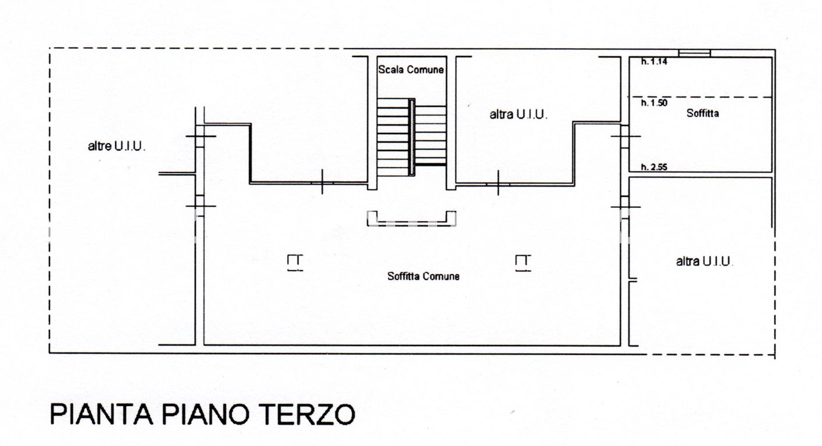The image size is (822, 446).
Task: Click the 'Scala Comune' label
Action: pyautogui.click(x=411, y=70)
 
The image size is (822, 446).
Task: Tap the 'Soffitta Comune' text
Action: pyautogui.click(x=423, y=276)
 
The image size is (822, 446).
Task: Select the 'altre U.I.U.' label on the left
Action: pyautogui.click(x=116, y=146)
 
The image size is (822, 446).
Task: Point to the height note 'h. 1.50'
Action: pyautogui.click(x=654, y=103)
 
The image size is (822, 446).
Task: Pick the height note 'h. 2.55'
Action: pyautogui.click(x=654, y=167)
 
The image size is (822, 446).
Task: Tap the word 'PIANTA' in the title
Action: pyautogui.click(x=101, y=414)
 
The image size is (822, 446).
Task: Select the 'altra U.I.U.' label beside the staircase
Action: pyautogui.click(x=519, y=115)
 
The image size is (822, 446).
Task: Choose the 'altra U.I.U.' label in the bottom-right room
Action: pyautogui.click(x=704, y=262)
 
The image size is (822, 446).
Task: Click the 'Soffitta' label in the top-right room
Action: pyautogui.click(x=702, y=113)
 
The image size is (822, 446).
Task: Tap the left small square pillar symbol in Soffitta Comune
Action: pyautogui.click(x=295, y=263)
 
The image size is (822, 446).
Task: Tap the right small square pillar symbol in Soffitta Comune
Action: pyautogui.click(x=523, y=263)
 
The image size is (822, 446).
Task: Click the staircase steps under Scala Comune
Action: pyautogui.click(x=393, y=136)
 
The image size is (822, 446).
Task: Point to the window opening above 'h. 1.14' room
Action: pyautogui.click(x=695, y=53)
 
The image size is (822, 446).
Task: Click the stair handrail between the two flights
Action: pyautogui.click(x=412, y=136)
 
